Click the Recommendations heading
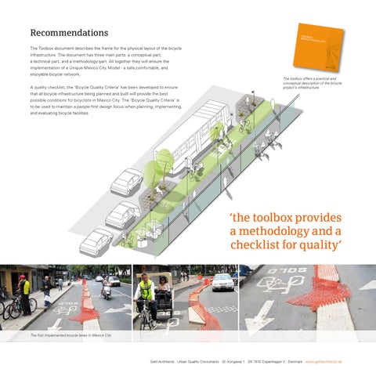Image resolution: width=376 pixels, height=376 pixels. pos(69,33)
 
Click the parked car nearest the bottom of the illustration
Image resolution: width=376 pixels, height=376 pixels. pos(96,240)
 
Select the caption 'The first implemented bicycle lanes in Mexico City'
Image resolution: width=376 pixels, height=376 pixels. pos(71,335)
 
